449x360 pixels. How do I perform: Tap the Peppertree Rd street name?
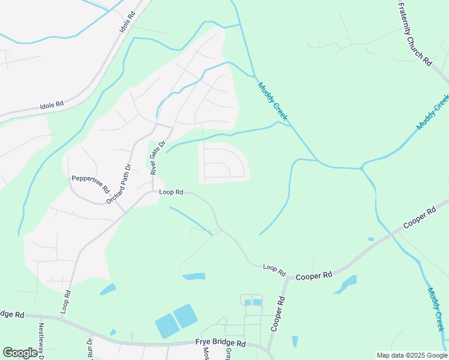tap(91, 184)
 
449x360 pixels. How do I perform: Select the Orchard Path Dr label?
tap(118, 184)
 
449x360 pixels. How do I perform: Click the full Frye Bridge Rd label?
tap(221, 343)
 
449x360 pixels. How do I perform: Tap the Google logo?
tap(20, 352)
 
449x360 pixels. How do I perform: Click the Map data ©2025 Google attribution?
tap(411, 355)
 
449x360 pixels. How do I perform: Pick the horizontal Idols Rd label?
tap(52, 105)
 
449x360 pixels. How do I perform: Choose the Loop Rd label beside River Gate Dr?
tap(171, 192)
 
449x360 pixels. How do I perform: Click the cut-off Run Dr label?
tap(89, 350)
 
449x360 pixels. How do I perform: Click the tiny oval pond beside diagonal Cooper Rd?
tap(370, 239)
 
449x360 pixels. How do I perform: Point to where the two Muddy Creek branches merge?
tap(361, 168)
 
